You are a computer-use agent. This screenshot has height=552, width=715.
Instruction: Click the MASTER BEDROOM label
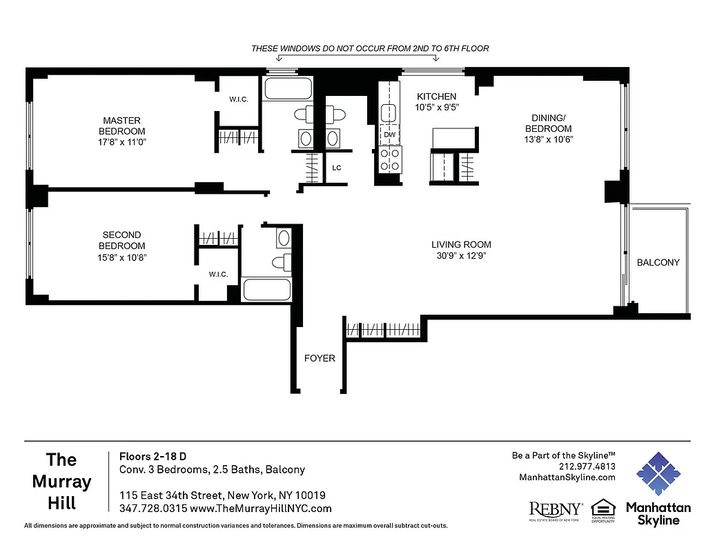(x=121, y=126)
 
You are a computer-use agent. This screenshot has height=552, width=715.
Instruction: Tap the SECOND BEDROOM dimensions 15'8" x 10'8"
(x=121, y=257)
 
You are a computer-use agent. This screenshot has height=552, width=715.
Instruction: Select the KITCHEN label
(x=436, y=97)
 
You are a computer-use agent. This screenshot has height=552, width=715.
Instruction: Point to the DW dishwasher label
(x=389, y=135)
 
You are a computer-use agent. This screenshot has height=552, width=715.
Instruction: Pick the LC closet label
(x=337, y=168)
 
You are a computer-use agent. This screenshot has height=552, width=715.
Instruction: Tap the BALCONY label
(x=658, y=262)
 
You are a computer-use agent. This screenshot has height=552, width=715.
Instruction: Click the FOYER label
(x=320, y=358)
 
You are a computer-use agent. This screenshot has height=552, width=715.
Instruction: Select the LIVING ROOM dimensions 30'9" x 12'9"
(x=461, y=256)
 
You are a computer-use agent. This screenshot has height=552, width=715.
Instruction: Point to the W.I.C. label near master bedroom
(x=239, y=99)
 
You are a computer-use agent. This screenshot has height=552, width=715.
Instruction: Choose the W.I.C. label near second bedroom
(x=218, y=275)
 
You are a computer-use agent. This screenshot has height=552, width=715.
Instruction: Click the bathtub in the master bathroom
(x=286, y=90)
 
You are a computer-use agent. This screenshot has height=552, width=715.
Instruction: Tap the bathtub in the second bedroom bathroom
(x=268, y=289)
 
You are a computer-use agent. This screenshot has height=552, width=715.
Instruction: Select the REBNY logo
(x=555, y=511)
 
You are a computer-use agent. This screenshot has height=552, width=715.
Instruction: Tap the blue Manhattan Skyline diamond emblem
(x=658, y=474)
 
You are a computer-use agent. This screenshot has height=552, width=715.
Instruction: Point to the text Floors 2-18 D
(x=153, y=456)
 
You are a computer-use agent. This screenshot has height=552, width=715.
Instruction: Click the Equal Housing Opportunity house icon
(x=603, y=510)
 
